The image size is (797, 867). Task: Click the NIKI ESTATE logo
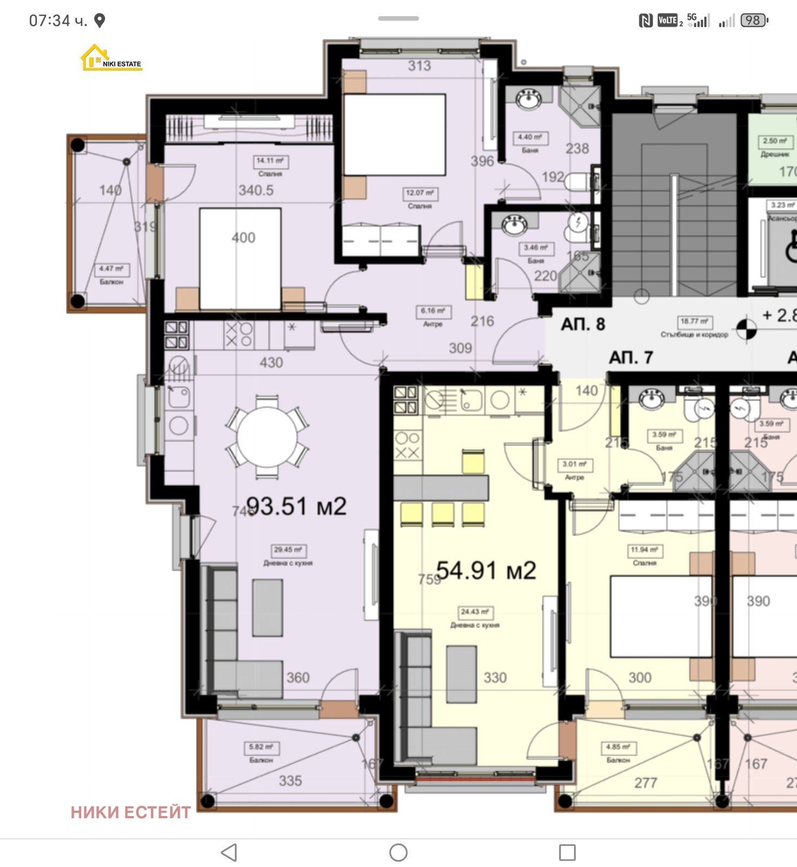[x=110, y=58]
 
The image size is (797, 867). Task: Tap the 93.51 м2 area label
[x=296, y=506]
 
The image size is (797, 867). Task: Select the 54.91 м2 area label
[x=486, y=571]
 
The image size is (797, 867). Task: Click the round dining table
[x=267, y=437]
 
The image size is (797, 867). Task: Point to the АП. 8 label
[x=583, y=324]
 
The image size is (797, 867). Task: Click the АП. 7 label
[x=631, y=358]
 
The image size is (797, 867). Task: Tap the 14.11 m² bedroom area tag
[x=270, y=161]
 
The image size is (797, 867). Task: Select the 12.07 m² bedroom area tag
[x=420, y=193]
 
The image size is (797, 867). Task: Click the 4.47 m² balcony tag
[x=111, y=269]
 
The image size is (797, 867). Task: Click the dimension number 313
[x=419, y=66]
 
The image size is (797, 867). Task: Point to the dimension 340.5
[x=256, y=190]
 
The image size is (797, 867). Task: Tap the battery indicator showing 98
[x=753, y=21]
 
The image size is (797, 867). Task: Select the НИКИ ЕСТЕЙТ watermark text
[x=130, y=812]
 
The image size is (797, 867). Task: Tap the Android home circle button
[x=398, y=852]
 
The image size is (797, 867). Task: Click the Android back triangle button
[x=230, y=852]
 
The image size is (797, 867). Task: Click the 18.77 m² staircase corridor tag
[x=694, y=321]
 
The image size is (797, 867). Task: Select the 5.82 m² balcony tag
[x=261, y=747]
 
